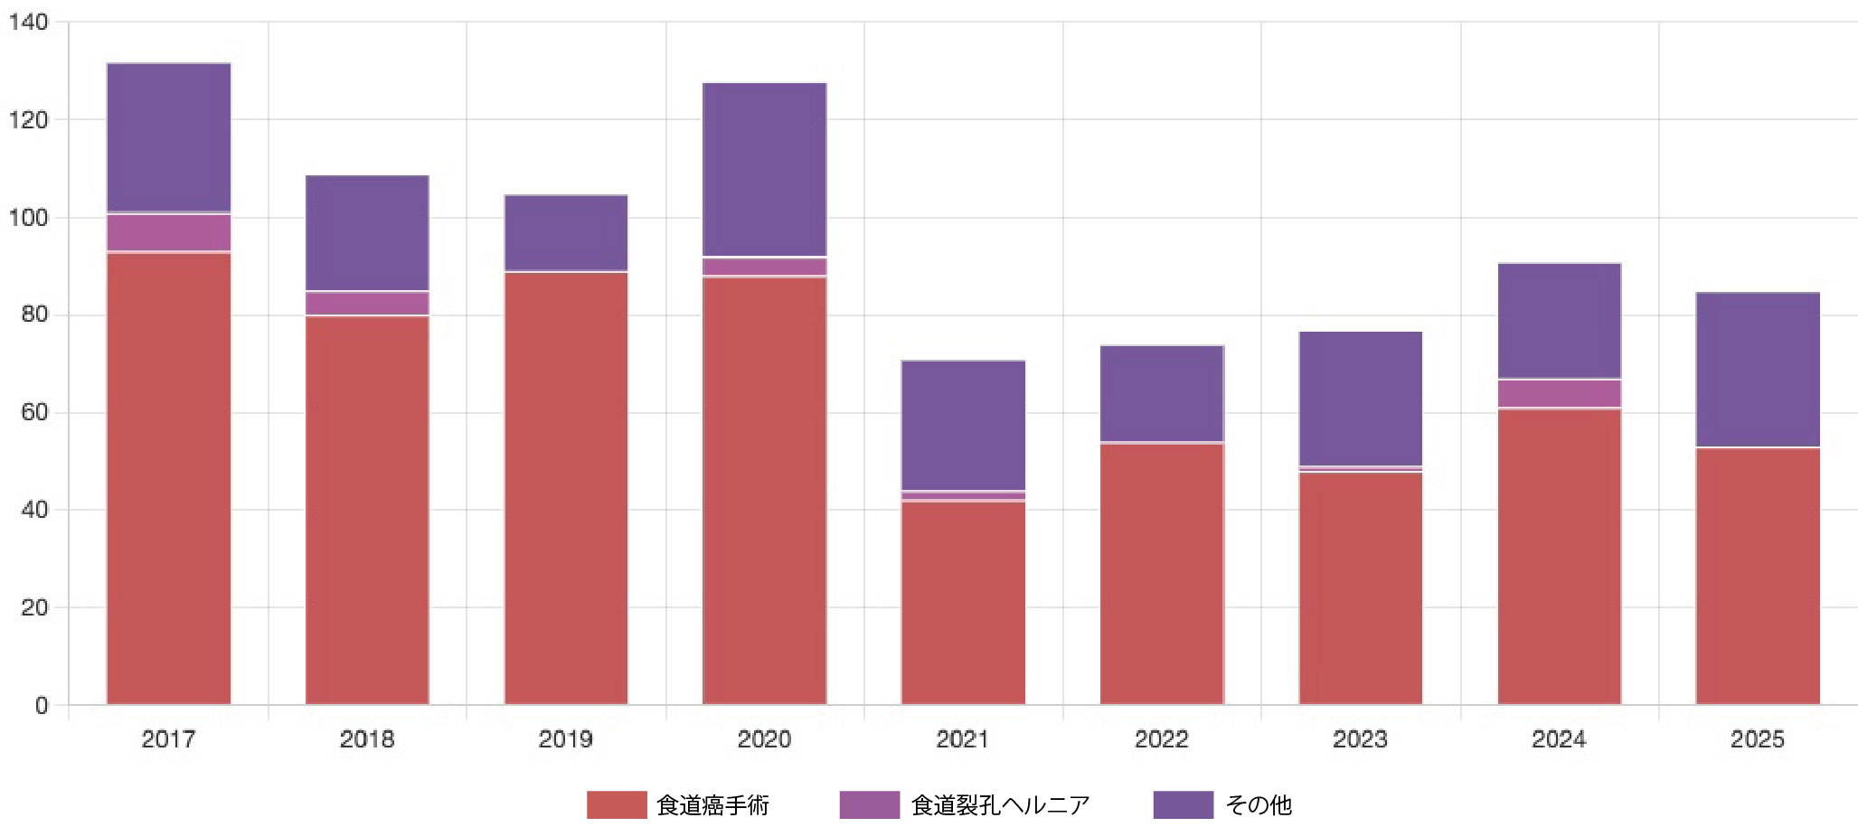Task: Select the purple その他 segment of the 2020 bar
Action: coord(764,170)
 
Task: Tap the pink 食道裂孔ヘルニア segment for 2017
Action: coord(168,232)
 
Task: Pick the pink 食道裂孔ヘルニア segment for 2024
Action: coord(1559,394)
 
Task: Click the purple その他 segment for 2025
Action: coord(1757,370)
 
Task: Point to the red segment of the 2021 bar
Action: coord(963,602)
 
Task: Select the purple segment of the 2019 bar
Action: coord(565,233)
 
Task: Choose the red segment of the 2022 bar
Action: coord(1161,573)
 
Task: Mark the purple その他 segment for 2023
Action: coord(1360,399)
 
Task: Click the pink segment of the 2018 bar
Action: coord(367,304)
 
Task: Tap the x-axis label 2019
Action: coord(565,739)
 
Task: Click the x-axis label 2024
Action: coord(1559,739)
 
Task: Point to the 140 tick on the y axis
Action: coord(28,23)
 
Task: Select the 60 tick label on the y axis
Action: coord(34,412)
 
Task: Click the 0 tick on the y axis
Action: coord(42,705)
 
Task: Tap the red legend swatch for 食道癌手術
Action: coord(617,804)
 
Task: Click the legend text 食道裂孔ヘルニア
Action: coord(1000,804)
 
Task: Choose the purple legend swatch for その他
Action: coord(1183,804)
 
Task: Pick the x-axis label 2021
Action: coord(963,739)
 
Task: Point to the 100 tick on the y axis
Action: coord(28,218)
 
